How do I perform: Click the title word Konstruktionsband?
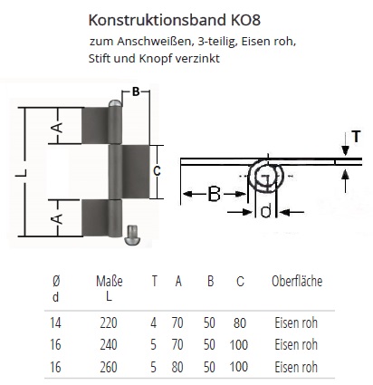(158, 20)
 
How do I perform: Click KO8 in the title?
(245, 20)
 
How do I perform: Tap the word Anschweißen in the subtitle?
(155, 42)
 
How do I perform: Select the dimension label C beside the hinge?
(157, 171)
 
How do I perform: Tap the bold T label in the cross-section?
(356, 137)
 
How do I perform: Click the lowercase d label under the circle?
(265, 210)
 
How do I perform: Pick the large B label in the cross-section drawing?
(214, 194)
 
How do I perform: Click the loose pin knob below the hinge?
(131, 235)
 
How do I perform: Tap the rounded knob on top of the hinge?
(115, 103)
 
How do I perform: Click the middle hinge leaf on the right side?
(136, 171)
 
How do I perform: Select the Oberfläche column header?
(297, 281)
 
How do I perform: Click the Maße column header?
(110, 282)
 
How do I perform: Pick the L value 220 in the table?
(109, 322)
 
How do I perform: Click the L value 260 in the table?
(109, 367)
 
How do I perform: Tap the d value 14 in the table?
(55, 322)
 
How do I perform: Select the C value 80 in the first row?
(240, 322)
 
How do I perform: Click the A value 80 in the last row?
(177, 367)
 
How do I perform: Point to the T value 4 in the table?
(154, 322)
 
